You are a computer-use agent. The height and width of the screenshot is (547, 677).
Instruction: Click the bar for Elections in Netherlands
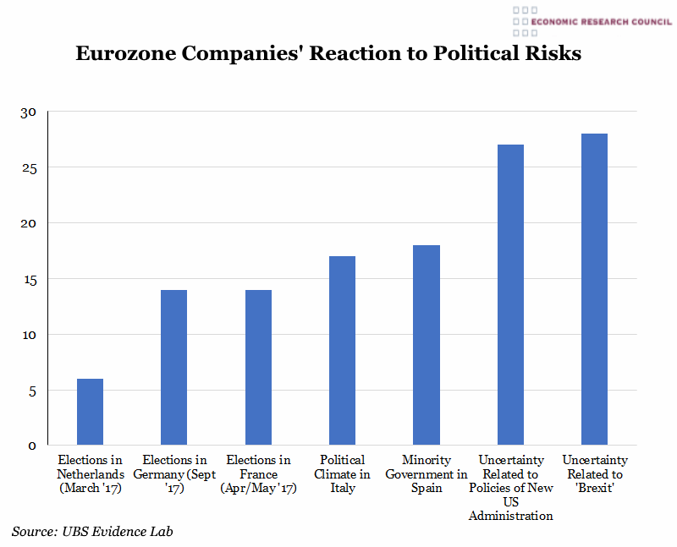point(90,412)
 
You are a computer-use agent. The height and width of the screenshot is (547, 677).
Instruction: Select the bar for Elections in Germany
point(173,367)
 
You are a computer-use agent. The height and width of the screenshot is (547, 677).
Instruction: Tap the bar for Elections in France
point(258,367)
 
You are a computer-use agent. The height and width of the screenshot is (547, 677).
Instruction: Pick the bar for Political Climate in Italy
point(342,350)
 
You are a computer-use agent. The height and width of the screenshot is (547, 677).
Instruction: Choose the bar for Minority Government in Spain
point(427,345)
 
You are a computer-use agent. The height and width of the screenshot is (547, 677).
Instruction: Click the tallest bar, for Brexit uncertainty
point(594,289)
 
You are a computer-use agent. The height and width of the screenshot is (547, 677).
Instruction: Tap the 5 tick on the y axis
point(32,391)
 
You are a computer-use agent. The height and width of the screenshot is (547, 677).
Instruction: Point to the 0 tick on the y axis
point(32,446)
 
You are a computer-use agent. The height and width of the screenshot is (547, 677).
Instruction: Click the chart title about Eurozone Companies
point(328,53)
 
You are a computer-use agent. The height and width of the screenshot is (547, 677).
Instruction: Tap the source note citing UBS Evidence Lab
point(97,531)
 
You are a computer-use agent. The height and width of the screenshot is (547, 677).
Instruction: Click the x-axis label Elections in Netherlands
point(90,474)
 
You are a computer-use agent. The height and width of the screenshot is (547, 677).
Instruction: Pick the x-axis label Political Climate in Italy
point(342,474)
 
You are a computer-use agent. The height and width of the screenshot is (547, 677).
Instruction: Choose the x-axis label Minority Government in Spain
point(427,474)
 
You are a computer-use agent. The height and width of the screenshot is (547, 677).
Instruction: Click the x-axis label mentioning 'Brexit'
point(594,474)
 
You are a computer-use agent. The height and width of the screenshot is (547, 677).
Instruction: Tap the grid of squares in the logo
point(525,21)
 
